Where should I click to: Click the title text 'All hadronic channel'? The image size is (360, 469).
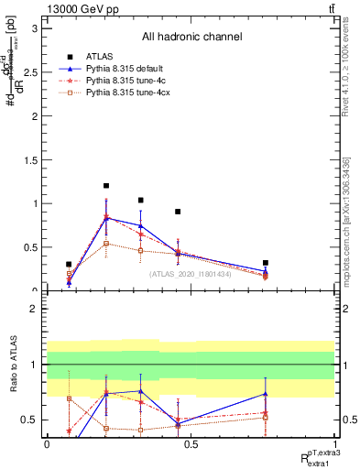191,37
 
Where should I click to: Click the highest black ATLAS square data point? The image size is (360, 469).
106,186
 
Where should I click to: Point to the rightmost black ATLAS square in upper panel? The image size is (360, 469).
266,263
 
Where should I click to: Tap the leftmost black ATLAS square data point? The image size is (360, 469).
69,265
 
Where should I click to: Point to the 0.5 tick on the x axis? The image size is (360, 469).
191,444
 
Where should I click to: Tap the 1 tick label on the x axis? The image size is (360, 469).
334,444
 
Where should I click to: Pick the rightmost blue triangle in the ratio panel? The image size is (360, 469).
266,394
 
